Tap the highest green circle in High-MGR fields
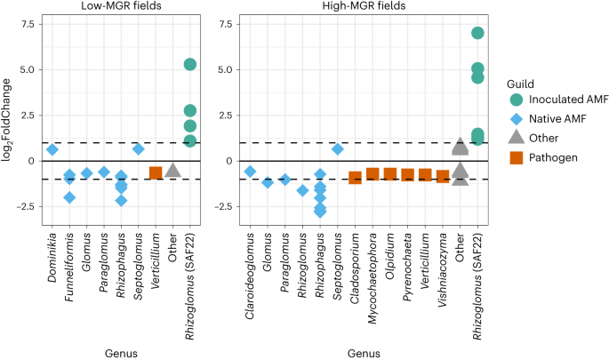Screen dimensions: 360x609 point(477,33)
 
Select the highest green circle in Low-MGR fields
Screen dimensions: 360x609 point(190,64)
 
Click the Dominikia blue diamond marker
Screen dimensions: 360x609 point(52,149)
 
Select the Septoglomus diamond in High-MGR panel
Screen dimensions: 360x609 point(338,149)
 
